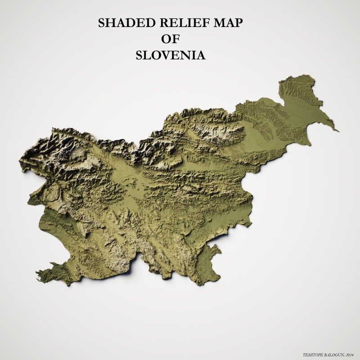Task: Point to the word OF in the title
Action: [171, 40]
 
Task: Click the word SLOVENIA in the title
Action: [171, 56]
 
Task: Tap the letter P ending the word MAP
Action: [238, 23]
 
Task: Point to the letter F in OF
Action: [177, 40]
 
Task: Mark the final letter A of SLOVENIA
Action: [200, 56]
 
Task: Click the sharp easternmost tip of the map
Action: [338, 131]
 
